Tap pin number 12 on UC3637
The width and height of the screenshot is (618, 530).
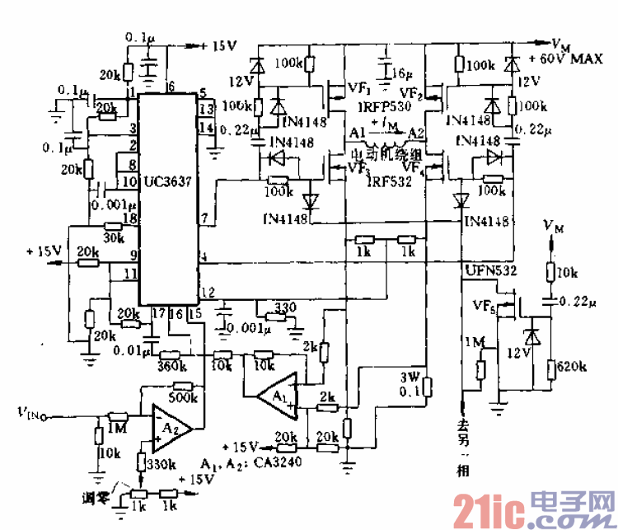(208, 291)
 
